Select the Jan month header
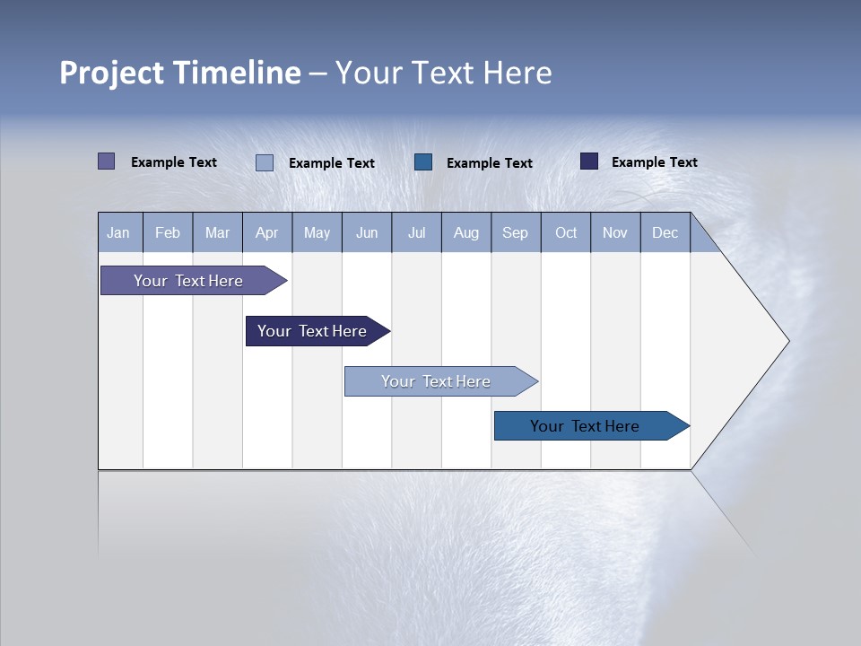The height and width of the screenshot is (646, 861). click(x=118, y=233)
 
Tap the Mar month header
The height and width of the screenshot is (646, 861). click(x=217, y=233)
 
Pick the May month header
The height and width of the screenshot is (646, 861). click(x=317, y=233)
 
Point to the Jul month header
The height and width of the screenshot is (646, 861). click(x=416, y=233)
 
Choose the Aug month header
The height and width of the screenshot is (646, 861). click(x=465, y=233)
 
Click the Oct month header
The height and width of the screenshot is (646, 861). click(x=566, y=233)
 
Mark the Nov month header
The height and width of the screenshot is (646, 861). click(x=615, y=233)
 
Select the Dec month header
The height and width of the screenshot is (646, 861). click(x=665, y=233)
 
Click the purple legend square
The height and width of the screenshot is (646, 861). click(x=107, y=161)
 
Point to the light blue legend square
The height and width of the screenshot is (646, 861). click(x=265, y=162)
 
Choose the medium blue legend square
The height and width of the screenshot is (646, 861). click(x=423, y=161)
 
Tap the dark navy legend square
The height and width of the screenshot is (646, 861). click(x=589, y=161)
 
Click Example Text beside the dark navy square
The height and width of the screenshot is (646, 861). click(x=654, y=162)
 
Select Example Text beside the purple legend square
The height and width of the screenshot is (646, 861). click(x=174, y=162)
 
